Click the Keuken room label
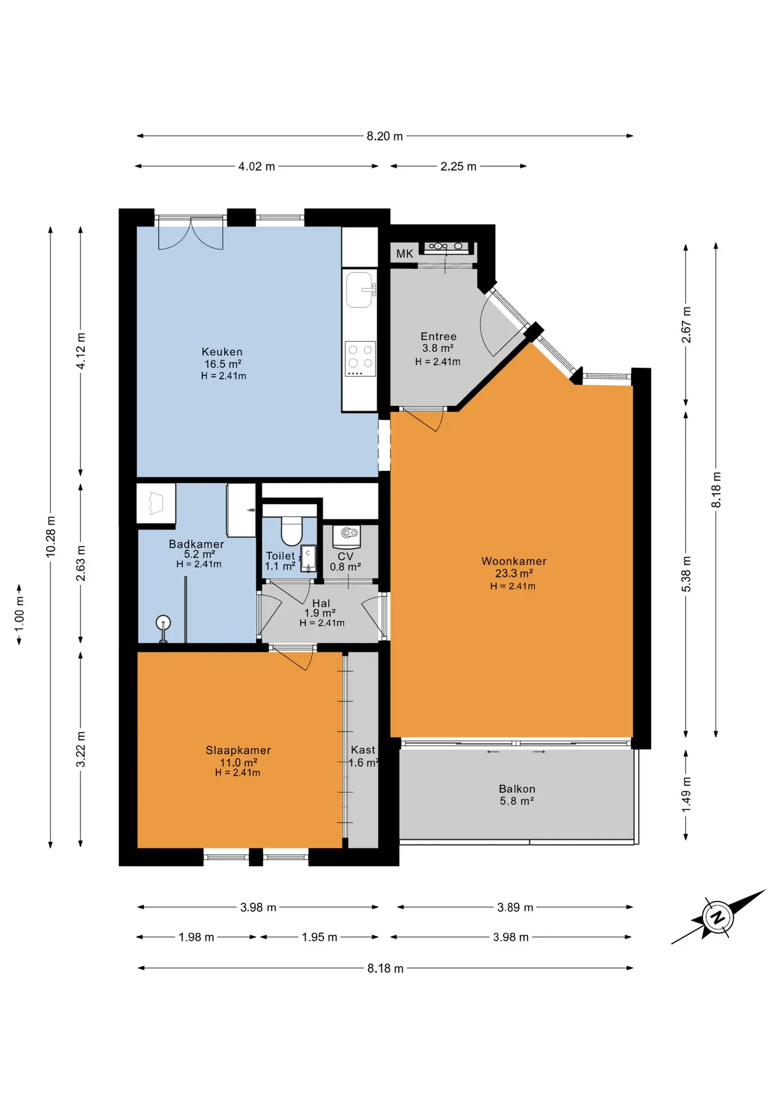pos(222,352)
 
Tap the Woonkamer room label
pos(514,561)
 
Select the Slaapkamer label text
pos(238,750)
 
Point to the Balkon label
pos(517,789)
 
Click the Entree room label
pos(438,336)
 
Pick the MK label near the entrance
pos(404,254)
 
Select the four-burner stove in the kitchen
pos(360,359)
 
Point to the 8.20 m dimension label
pos(385,136)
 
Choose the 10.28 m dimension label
pos(51,536)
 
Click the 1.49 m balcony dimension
pos(686,795)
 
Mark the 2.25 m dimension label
pos(458,166)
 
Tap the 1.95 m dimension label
pos(319,937)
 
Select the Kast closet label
pos(363,750)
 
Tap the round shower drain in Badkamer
pos(163,623)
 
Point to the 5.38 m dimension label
pos(686,574)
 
